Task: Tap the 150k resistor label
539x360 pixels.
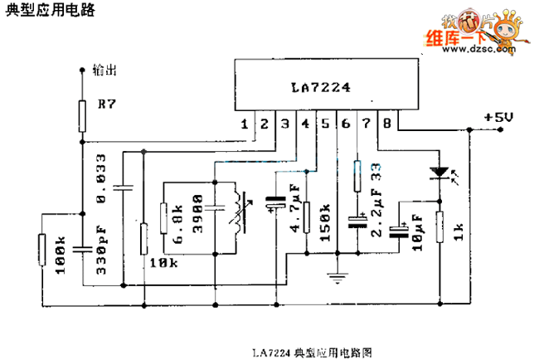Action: [x=325, y=223]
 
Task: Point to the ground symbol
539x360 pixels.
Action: [x=337, y=278]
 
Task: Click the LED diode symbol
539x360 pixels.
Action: [x=439, y=175]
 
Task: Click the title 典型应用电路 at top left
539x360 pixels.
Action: [x=49, y=11]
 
